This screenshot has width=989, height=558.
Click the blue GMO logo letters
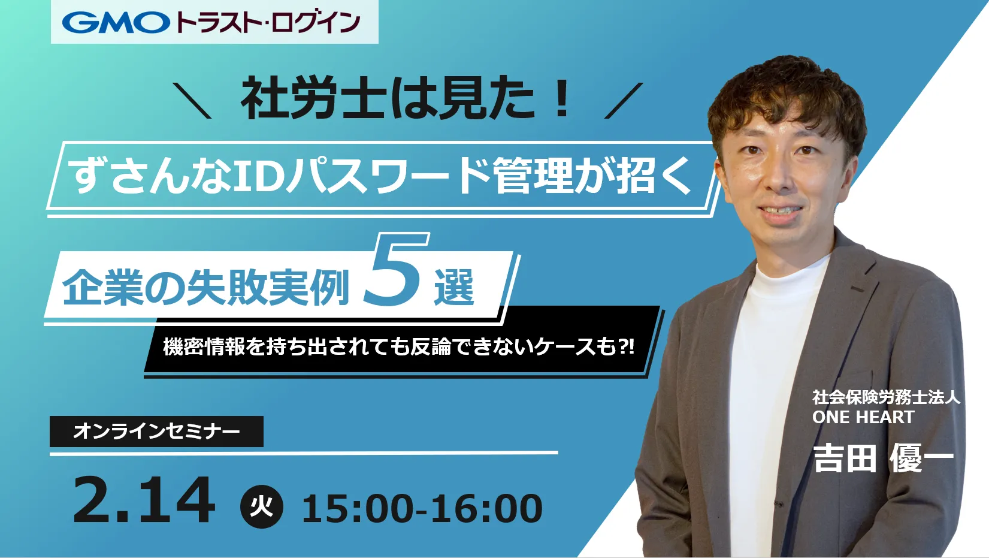[116, 22]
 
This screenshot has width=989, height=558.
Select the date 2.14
[144, 500]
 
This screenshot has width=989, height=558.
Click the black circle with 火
[261, 506]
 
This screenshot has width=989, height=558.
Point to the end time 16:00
[486, 509]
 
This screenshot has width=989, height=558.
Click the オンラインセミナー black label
[157, 431]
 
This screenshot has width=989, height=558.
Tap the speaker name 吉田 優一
[884, 458]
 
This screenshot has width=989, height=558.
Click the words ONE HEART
[863, 417]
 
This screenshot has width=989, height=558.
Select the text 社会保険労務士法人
[886, 397]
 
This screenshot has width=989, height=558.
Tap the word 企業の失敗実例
[205, 287]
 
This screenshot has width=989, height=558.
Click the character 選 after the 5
[454, 287]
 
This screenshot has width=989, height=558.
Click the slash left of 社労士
[192, 101]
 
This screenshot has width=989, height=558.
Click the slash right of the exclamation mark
[624, 101]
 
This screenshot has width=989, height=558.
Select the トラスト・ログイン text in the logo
[268, 23]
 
